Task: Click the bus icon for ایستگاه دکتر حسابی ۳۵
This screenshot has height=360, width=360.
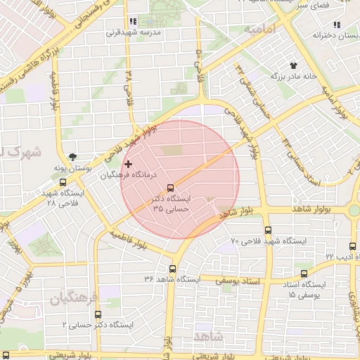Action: tap(171, 187)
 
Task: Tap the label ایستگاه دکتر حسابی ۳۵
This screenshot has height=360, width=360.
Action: tap(167, 204)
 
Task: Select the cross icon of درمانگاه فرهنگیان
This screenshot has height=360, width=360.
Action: tap(128, 164)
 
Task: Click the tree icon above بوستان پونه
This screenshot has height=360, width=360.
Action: tap(73, 157)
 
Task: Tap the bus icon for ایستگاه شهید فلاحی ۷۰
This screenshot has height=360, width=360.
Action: tap(268, 230)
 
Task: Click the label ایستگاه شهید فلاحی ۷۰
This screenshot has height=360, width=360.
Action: tap(275, 241)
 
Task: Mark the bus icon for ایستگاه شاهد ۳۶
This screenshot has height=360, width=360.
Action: tap(173, 268)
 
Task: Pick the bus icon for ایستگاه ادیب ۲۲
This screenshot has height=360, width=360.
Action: tap(353, 246)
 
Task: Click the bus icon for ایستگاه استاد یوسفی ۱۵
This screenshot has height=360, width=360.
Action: tap(304, 274)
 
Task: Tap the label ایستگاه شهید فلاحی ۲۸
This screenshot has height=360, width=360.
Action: tap(61, 197)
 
